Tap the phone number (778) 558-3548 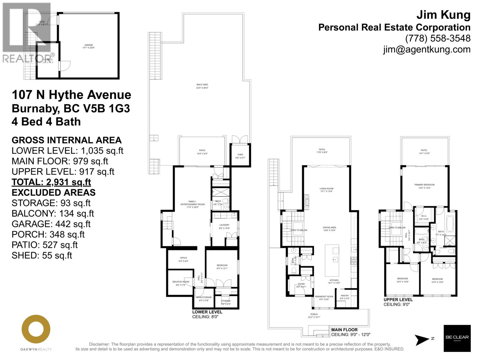(438, 38)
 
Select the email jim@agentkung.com (427, 49)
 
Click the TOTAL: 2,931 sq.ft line (51, 182)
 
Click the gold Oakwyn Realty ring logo (36, 329)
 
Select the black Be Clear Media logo (457, 338)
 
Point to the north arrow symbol (422, 340)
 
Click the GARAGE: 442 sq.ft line (51, 224)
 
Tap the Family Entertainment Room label (192, 204)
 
